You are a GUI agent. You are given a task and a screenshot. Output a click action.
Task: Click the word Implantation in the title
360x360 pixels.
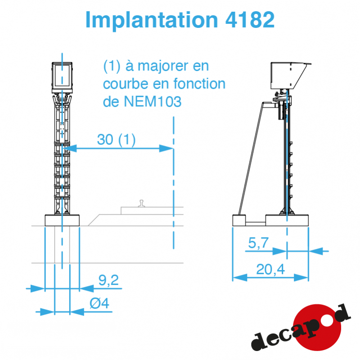coord(152,20)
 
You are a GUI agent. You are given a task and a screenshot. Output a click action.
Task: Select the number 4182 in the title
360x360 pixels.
coord(250,20)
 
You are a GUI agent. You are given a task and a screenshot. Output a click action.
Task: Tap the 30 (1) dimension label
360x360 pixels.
coord(117,139)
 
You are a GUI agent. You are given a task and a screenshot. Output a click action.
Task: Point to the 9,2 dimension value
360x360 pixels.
coord(108,280)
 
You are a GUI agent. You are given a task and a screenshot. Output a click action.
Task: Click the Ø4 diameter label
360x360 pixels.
coord(99,303)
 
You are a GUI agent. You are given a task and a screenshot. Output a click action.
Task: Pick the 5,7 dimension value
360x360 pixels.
coord(258,243)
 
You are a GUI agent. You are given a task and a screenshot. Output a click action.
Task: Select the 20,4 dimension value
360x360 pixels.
coord(270,269)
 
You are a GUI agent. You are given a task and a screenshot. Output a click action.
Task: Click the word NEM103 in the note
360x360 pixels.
coord(153,101)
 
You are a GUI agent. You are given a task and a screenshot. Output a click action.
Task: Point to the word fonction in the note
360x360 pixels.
coord(199,83)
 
